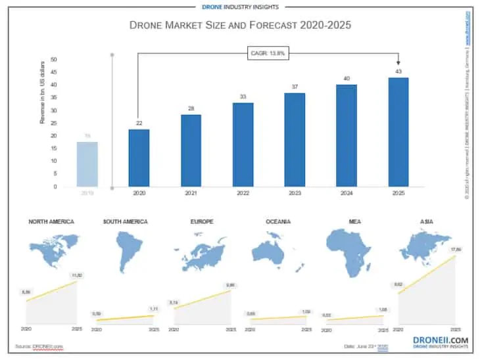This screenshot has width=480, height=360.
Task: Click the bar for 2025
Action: [x=398, y=132]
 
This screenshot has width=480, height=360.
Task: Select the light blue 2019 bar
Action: [x=87, y=164]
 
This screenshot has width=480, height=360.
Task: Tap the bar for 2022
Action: [x=243, y=145]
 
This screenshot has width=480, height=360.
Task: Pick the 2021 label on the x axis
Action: [x=191, y=194]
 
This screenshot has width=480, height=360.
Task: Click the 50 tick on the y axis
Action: [x=54, y=60]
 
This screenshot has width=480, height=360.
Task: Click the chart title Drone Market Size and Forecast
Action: [x=240, y=26]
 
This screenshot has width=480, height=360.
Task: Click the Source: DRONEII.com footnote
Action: [x=40, y=346]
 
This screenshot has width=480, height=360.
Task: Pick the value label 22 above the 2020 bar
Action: [x=139, y=124]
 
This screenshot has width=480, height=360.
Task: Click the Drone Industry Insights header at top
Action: [x=239, y=7]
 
